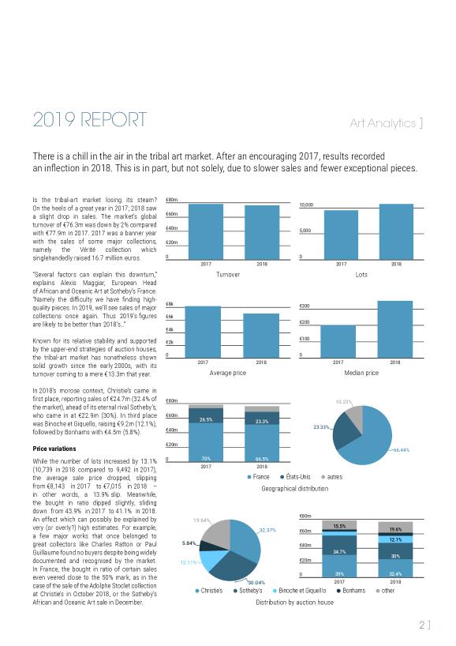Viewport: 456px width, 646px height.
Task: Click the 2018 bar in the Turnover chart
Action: (262, 232)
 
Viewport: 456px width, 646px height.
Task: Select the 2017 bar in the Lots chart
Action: (341, 235)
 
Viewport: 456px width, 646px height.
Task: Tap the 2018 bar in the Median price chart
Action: (395, 329)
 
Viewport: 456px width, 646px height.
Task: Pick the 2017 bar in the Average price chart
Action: (203, 332)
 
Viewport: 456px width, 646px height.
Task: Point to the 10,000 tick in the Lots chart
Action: (306, 205)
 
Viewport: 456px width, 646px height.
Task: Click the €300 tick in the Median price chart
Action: (305, 306)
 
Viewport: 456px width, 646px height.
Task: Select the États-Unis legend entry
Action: (296, 477)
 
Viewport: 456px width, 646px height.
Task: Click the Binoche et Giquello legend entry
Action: (299, 591)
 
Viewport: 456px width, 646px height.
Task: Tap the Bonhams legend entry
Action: (351, 591)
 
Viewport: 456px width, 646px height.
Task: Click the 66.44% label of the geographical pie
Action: (402, 450)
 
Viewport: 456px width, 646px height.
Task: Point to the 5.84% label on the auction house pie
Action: (189, 543)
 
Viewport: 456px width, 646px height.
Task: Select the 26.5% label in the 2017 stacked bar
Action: (206, 420)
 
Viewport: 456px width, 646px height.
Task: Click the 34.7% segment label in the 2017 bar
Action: (339, 552)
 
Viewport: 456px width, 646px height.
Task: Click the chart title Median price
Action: (361, 373)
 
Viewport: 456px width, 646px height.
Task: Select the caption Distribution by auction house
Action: (295, 603)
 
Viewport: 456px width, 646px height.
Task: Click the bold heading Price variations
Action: (54, 449)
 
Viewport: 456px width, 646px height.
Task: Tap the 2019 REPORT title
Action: (90, 119)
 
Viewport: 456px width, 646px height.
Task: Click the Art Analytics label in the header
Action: (386, 122)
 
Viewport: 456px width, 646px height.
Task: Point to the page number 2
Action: (422, 625)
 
